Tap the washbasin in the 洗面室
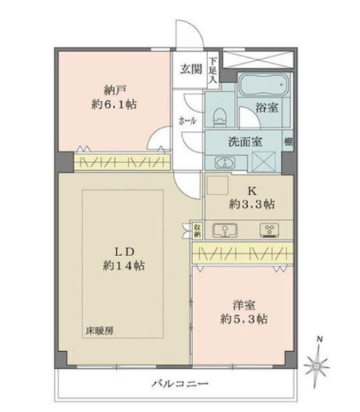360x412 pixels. pos(220,162)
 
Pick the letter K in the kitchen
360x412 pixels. pos(242,190)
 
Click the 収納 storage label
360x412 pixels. pos(197,230)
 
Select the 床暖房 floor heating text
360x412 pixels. pos(96,329)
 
